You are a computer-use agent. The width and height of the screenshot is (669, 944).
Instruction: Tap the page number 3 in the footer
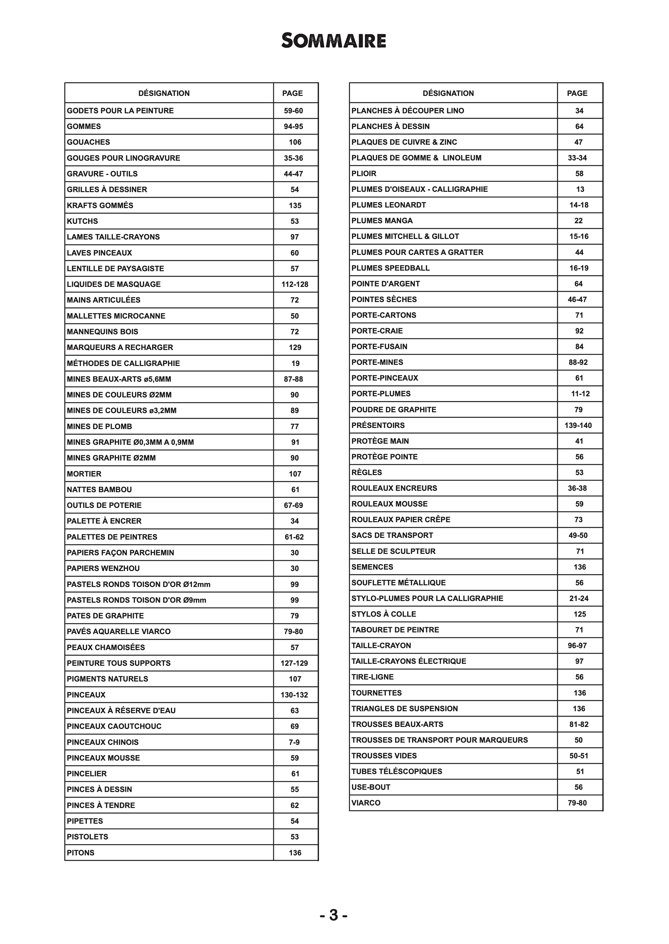point(334,916)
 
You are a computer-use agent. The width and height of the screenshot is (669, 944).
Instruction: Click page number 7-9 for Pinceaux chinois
point(294,742)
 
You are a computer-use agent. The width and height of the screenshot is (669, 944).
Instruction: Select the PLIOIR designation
point(364,174)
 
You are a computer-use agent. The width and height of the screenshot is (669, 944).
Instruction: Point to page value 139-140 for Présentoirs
point(578,425)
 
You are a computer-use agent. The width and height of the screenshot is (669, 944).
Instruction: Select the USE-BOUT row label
point(371,787)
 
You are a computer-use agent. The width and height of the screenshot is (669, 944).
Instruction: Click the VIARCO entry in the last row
point(366,803)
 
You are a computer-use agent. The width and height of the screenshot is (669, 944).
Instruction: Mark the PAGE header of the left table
point(293,93)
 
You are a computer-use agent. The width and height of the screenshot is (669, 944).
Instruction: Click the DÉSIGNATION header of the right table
point(448,93)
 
